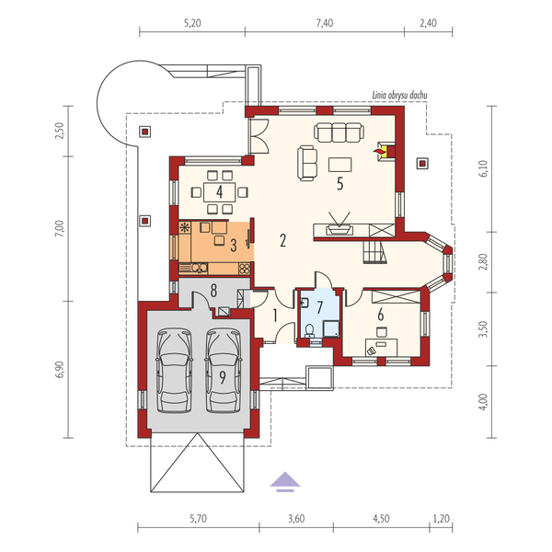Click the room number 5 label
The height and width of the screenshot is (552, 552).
[x=339, y=184]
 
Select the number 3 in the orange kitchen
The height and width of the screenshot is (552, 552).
[x=234, y=245]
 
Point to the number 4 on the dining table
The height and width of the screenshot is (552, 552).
[x=221, y=192]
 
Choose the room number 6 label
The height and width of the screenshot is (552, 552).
[x=380, y=315]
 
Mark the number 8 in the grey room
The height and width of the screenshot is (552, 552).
[x=213, y=292]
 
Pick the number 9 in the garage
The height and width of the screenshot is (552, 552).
[x=222, y=376]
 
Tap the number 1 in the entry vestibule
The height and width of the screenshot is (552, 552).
[x=274, y=316]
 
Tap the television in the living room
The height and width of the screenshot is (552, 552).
[x=338, y=224]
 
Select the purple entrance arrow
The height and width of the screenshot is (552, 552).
[x=285, y=479]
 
